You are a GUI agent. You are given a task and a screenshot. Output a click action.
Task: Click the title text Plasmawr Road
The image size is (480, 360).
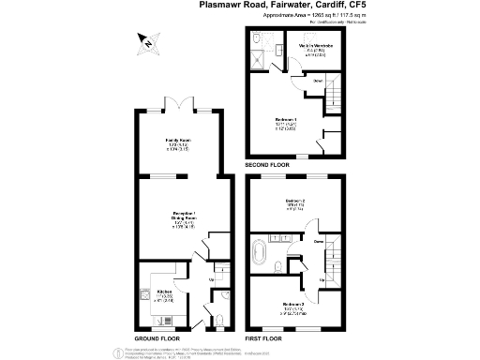click(232, 6)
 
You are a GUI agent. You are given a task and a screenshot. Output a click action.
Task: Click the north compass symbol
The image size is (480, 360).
click(144, 40)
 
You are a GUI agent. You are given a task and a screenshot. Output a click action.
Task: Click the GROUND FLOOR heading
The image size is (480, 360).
click(157, 338)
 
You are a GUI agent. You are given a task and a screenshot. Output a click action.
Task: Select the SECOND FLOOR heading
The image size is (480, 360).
click(267, 165)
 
